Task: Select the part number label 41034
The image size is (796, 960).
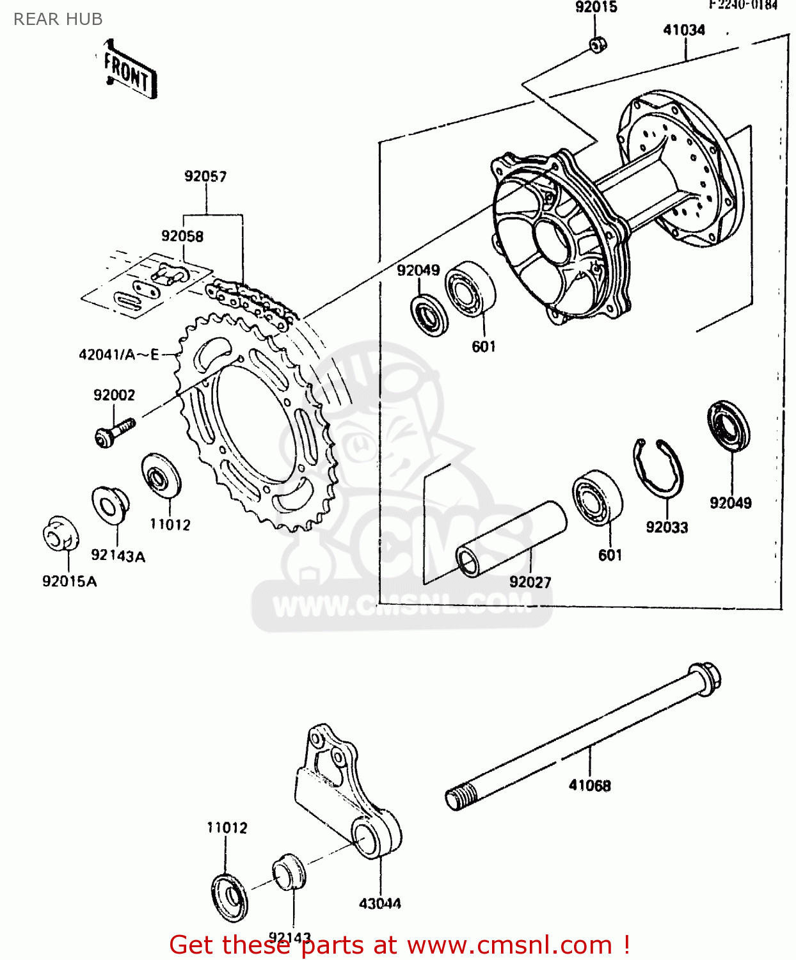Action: coord(683,30)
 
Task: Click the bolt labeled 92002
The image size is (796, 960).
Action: coord(114,431)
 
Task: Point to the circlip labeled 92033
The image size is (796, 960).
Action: coord(658,468)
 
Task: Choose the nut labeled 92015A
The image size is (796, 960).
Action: coord(61,533)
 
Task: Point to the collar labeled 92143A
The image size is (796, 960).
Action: coord(110,505)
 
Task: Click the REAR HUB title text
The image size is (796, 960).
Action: coord(58,19)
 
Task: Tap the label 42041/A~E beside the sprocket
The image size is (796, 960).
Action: coord(119,355)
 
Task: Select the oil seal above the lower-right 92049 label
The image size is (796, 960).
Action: coord(729,425)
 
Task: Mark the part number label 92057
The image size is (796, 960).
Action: coord(205,176)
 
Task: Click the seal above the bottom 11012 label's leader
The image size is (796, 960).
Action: coord(229,899)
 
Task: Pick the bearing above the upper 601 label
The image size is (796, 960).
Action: coord(470,289)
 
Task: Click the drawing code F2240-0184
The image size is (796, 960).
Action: coord(742,5)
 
